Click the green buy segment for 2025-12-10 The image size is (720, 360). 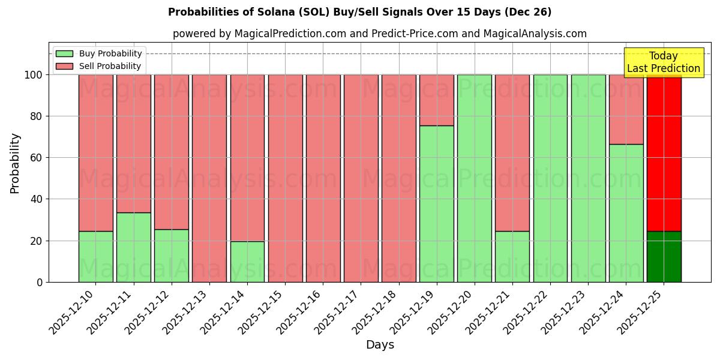[95, 257]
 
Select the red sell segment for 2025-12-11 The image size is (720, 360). [133, 143]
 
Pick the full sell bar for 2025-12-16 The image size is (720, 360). [323, 178]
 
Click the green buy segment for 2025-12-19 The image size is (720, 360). [436, 204]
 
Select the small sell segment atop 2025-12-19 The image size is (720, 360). [436, 100]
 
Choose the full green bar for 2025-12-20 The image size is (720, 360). [474, 178]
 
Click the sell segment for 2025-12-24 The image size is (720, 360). [626, 109]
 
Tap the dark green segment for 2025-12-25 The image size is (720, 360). [664, 257]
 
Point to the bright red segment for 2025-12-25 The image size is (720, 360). [664, 153]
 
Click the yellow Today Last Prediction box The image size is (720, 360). [664, 62]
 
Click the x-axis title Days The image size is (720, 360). [380, 345]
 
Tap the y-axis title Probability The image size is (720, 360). [15, 163]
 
